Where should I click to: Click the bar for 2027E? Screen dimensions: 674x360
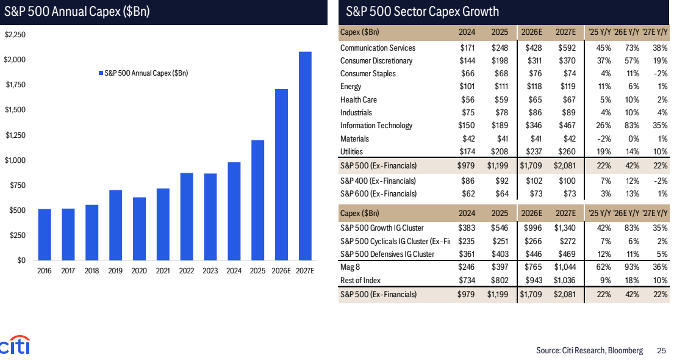tap(305, 156)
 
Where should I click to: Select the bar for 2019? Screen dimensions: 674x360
tap(116, 225)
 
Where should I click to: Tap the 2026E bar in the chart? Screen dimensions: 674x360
tap(281, 175)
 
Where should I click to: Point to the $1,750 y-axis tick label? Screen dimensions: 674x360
tap(15, 85)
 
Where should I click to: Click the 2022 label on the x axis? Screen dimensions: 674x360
tap(187, 271)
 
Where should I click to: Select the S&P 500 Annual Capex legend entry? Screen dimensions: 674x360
tap(143, 73)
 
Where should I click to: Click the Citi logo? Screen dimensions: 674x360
tap(15, 345)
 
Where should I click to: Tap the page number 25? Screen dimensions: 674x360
tap(662, 350)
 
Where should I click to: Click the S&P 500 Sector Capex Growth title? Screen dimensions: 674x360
tap(422, 11)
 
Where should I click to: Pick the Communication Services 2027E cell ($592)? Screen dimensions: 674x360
tap(567, 48)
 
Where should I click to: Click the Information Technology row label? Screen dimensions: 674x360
tap(376, 126)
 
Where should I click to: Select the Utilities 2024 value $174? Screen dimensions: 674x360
tap(467, 151)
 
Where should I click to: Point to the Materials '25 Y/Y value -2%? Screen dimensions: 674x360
tap(603, 139)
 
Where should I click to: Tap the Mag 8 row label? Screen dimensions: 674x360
tap(350, 267)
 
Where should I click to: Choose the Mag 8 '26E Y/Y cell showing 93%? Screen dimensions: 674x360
tap(632, 267)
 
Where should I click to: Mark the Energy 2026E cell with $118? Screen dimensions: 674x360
tap(534, 87)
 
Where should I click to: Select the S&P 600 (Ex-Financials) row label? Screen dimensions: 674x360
tap(378, 194)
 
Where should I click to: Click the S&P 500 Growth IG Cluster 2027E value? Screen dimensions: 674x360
tap(565, 228)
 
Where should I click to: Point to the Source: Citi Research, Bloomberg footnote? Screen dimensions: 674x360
tap(590, 350)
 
